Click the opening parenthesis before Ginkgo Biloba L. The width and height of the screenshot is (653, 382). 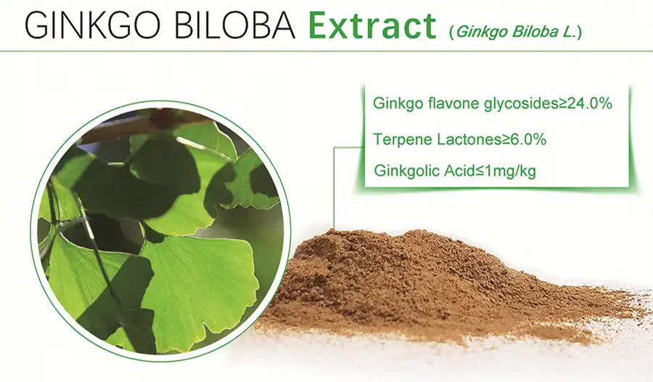(x=451, y=32)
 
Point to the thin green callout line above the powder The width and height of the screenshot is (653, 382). (x=334, y=189)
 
